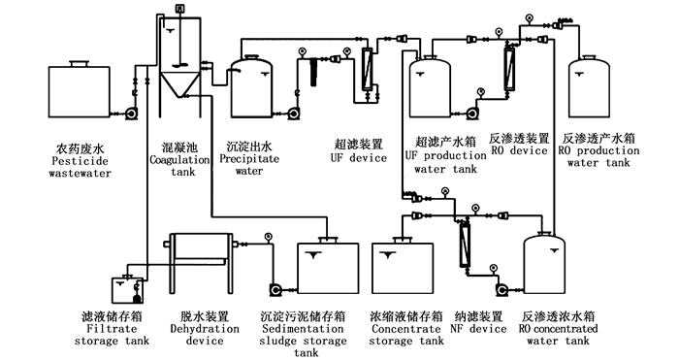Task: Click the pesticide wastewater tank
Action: pos(80,89)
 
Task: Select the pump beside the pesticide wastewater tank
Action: pos(131,114)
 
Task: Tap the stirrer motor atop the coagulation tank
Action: pos(179,8)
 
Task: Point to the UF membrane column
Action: pos(368,69)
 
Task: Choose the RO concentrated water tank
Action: pos(545,263)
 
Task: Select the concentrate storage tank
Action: pos(403,265)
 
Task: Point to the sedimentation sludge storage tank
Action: pos(328,265)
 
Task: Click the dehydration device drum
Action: pos(200,247)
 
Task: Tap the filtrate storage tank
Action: pos(128,289)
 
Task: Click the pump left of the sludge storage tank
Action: pos(275,290)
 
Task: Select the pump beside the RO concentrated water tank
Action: pos(502,290)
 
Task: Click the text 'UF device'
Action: pos(359,158)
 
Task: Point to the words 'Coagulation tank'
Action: pos(179,166)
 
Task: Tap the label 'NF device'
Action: pos(478,329)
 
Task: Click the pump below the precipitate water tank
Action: pos(293,114)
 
